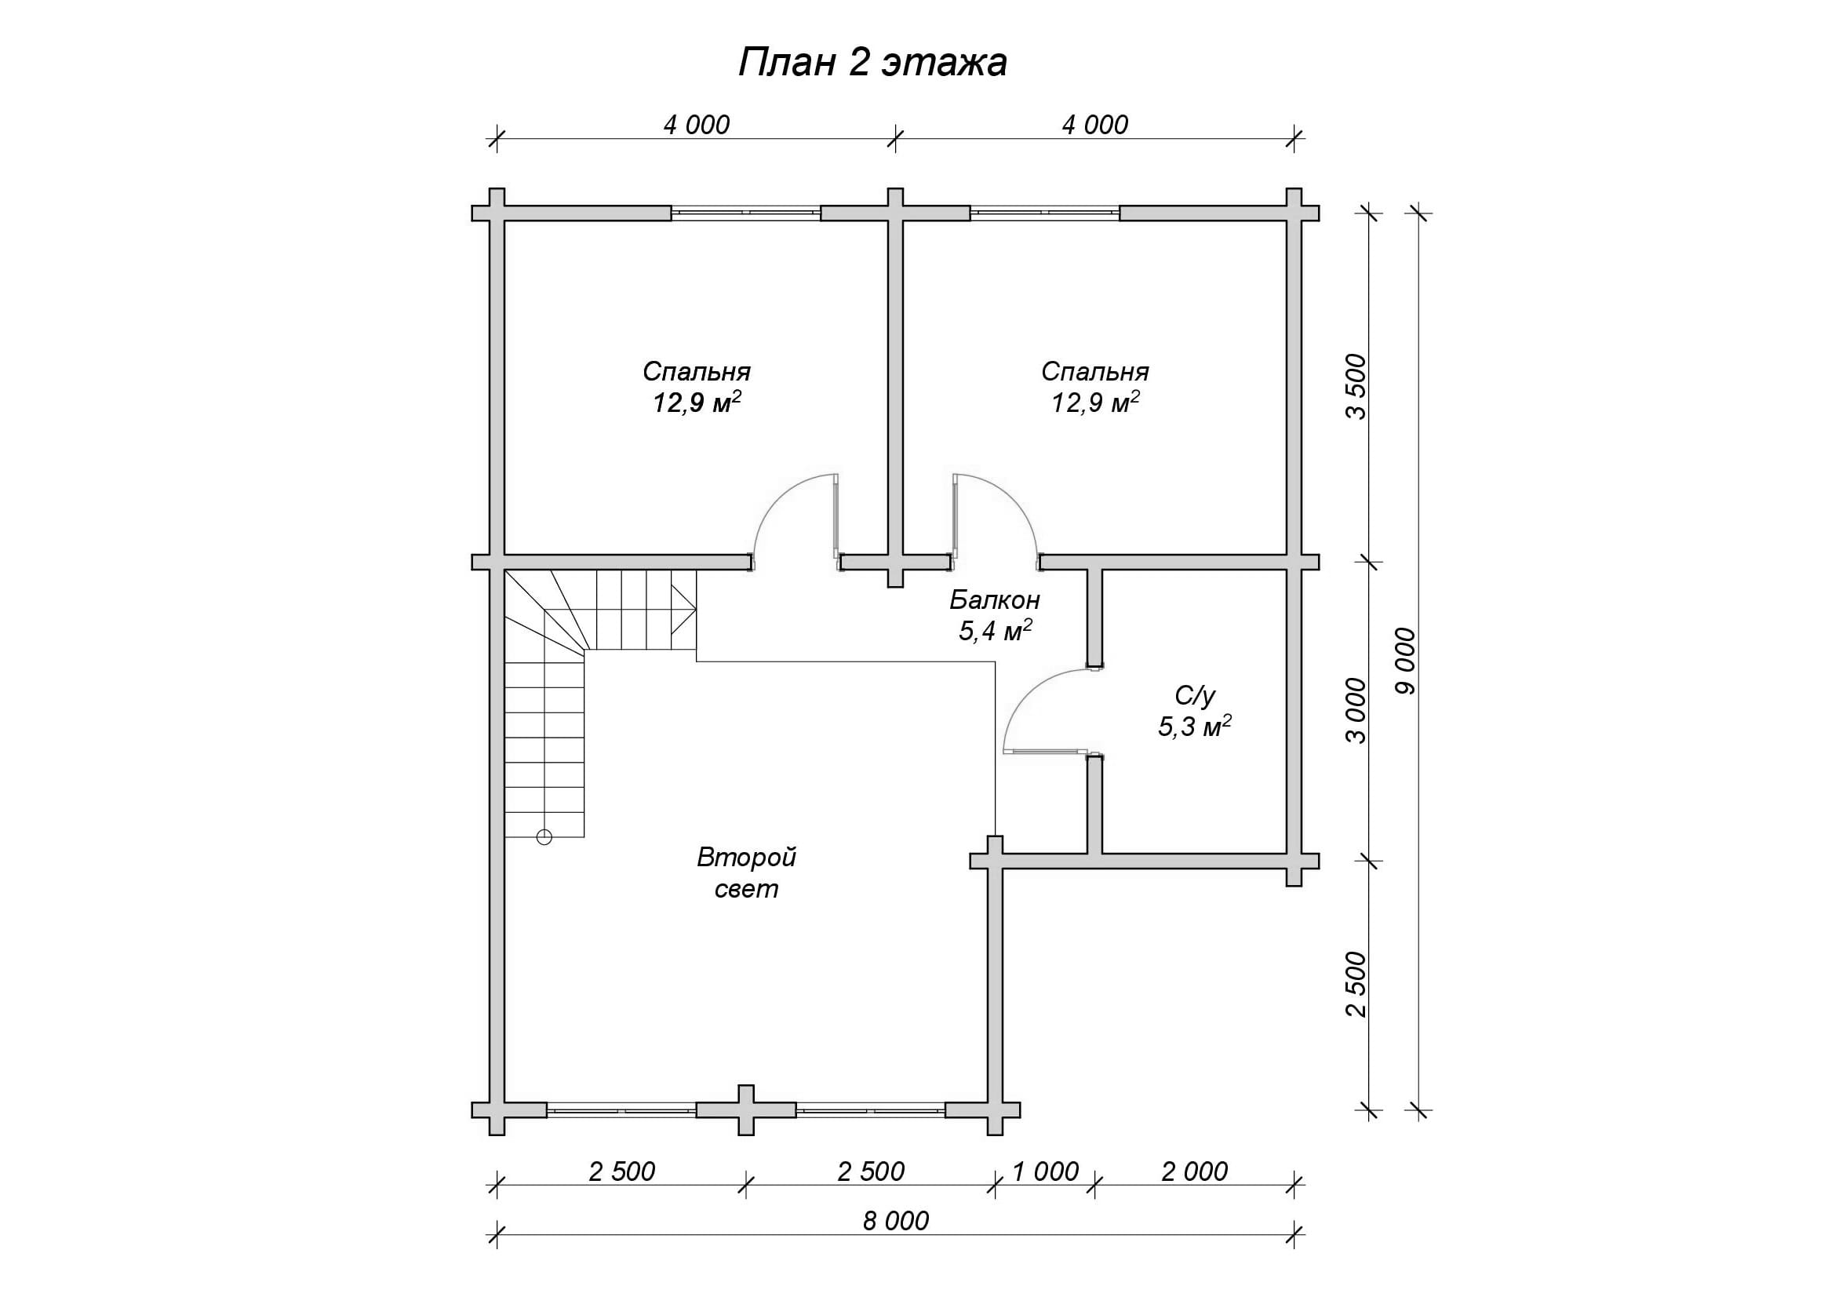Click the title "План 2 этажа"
click(x=872, y=63)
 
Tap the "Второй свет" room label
click(x=746, y=873)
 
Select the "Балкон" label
click(x=995, y=599)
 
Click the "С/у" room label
click(x=1195, y=696)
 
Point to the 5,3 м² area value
click(x=1195, y=727)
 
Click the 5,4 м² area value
click(x=995, y=631)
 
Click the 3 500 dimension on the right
click(x=1357, y=387)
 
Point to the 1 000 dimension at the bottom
click(x=1045, y=1171)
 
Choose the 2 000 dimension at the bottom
click(x=1195, y=1171)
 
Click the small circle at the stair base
click(x=544, y=837)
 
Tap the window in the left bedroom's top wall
click(x=745, y=213)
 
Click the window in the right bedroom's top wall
click(x=1044, y=213)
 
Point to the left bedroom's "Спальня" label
click(x=697, y=373)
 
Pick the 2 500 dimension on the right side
click(x=1357, y=984)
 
